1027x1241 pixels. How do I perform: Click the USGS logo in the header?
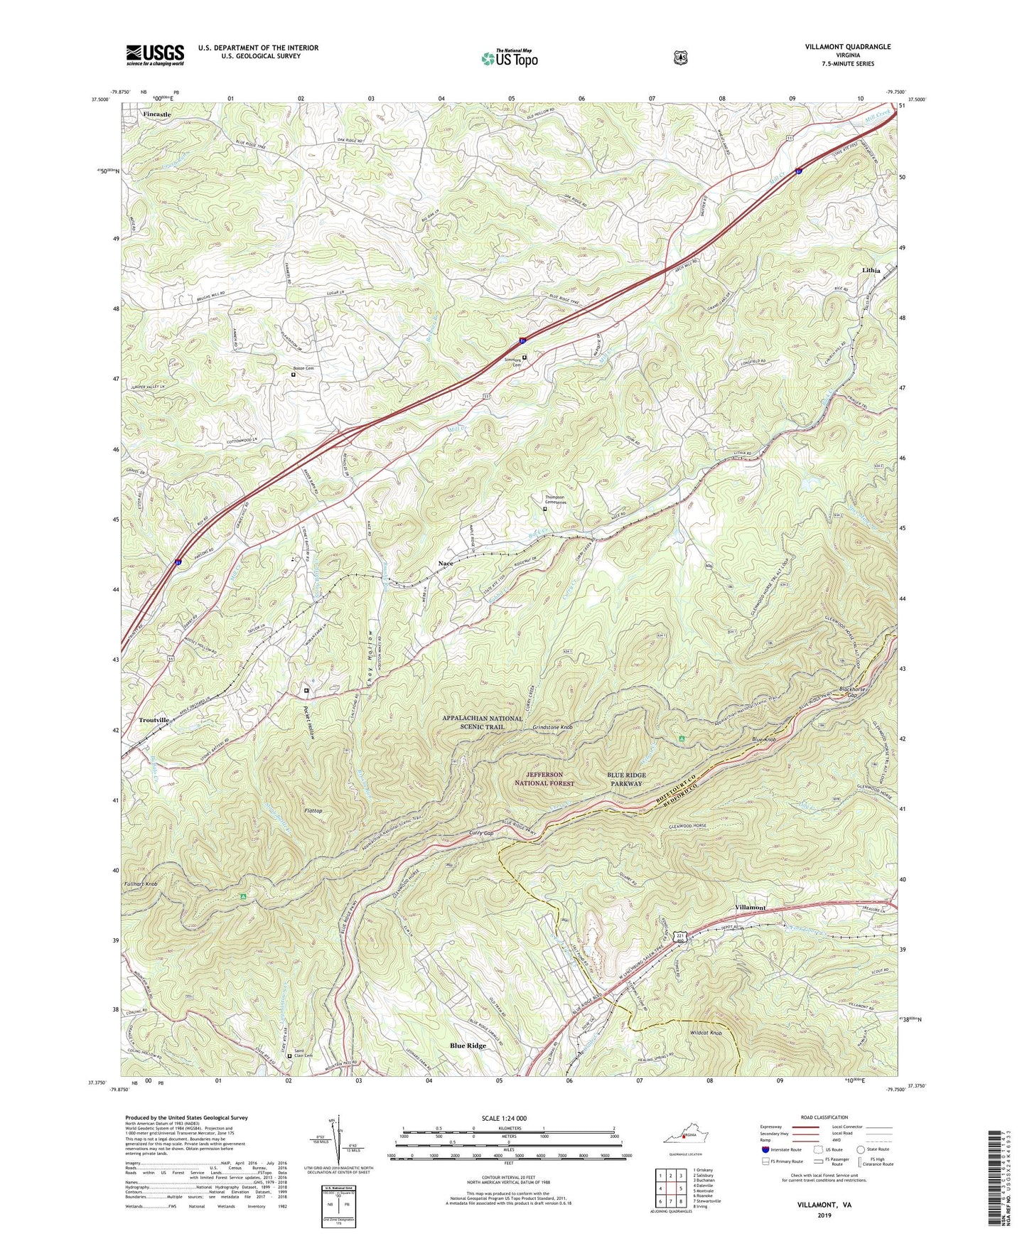[155, 55]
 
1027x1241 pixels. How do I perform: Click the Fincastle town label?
[156, 114]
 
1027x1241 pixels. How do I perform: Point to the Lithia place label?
[871, 271]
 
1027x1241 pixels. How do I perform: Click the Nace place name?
[445, 564]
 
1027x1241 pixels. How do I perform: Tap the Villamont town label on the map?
[750, 908]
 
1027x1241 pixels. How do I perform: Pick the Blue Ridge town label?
[468, 1046]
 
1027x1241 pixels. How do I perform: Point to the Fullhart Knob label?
[140, 884]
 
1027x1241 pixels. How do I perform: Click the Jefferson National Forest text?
[544, 778]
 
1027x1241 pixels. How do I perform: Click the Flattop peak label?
[313, 810]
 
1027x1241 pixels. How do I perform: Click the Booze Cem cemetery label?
[303, 367]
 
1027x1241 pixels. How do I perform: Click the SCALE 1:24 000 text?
[504, 1118]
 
